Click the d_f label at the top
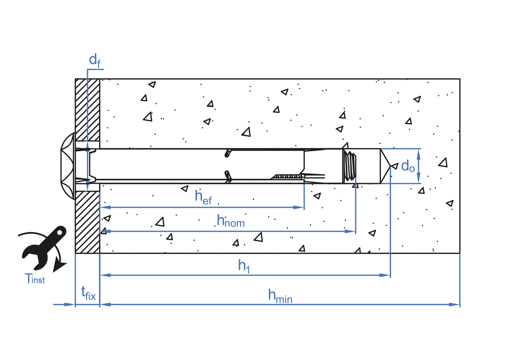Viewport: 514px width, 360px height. pyautogui.click(x=95, y=61)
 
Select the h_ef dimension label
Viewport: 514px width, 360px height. pyautogui.click(x=203, y=197)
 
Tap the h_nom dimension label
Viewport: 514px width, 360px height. pyautogui.click(x=230, y=221)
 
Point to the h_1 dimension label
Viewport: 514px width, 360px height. pyautogui.click(x=244, y=265)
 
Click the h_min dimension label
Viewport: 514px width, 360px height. pyautogui.click(x=280, y=295)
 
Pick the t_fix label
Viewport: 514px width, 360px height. pyautogui.click(x=88, y=294)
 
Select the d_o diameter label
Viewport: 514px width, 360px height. pyautogui.click(x=408, y=166)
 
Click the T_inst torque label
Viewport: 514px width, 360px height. pyautogui.click(x=35, y=279)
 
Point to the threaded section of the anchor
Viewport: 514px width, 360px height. pyautogui.click(x=350, y=166)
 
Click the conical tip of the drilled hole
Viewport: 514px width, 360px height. pyautogui.click(x=387, y=166)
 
